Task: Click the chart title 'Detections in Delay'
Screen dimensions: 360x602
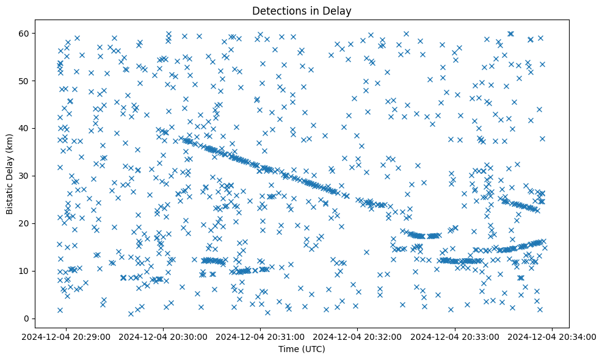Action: coord(302,10)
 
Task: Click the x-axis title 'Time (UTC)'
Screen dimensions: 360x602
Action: coord(302,349)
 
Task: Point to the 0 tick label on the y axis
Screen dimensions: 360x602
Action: coord(27,319)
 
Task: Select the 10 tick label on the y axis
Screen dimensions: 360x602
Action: coord(24,271)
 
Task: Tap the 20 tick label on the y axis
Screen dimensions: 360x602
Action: coord(24,223)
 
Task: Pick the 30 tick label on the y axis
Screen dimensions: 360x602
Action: coord(24,176)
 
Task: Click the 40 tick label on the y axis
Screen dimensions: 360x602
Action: coord(24,128)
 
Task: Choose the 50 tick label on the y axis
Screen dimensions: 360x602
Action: coord(24,81)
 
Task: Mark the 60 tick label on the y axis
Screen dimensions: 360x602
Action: coord(24,33)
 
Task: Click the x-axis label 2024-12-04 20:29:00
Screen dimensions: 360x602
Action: coord(67,336)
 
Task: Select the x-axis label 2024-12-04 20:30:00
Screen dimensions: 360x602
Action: coord(164,336)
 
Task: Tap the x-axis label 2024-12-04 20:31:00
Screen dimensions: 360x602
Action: coord(261,336)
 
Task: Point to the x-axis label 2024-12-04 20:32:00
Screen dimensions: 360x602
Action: coord(358,336)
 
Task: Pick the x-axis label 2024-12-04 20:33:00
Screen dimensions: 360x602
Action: coord(455,336)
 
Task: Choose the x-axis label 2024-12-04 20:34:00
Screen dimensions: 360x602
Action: coord(553,336)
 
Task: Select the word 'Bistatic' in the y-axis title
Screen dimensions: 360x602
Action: coord(10,197)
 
